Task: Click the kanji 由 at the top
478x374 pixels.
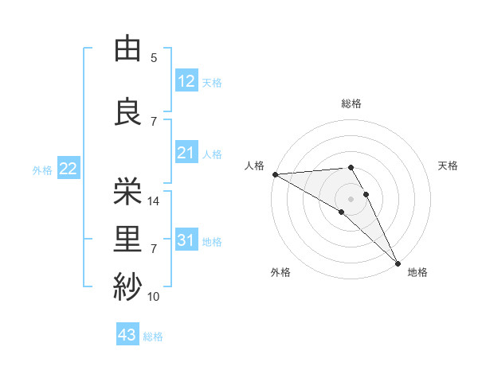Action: pos(127,49)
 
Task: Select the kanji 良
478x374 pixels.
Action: pos(127,112)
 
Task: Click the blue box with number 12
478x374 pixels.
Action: pos(186,81)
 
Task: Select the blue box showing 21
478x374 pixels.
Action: pos(186,153)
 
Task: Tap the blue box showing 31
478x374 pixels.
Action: pos(186,240)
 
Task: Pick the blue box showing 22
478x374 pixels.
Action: pos(68,169)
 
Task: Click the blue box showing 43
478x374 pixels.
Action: pos(127,335)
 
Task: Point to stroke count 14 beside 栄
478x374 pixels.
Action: pos(155,201)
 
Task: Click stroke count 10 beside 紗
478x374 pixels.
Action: pos(154,297)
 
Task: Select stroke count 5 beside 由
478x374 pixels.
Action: pos(154,58)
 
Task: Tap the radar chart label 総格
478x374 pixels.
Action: pos(351,103)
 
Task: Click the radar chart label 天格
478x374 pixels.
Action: pos(448,166)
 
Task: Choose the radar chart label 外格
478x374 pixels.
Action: pos(280,273)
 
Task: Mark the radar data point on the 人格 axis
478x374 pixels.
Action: pos(275,174)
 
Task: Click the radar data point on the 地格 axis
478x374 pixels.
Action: pos(398,263)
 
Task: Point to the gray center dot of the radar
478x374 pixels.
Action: pos(351,198)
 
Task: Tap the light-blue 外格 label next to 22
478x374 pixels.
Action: pos(42,169)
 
